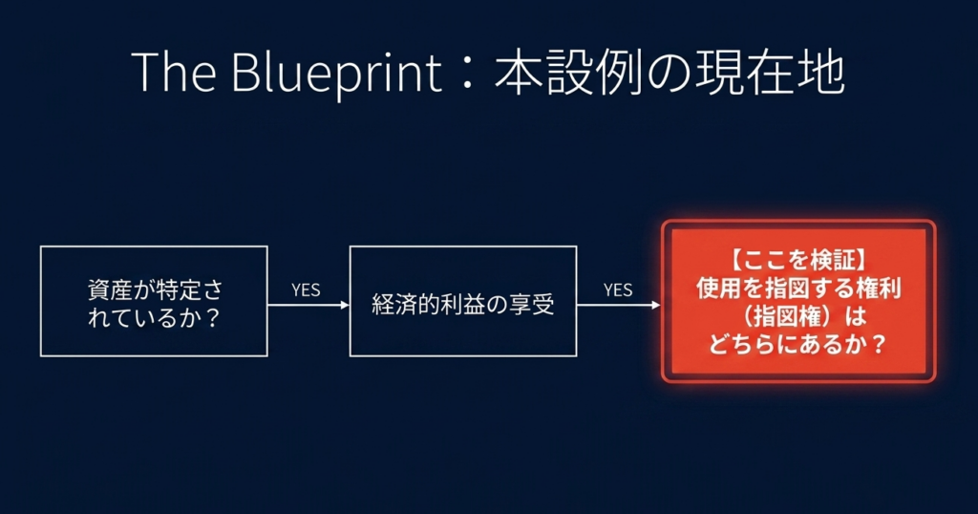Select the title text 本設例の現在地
669,75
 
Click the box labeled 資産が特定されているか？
154,301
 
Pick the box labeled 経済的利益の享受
463,301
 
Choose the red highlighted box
797,301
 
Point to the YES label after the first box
306,289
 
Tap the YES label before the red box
618,289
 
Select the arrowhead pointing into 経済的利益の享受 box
345,306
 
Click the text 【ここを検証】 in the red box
797,260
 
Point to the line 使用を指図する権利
797,287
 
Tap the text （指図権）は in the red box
797,314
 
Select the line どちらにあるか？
797,342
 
